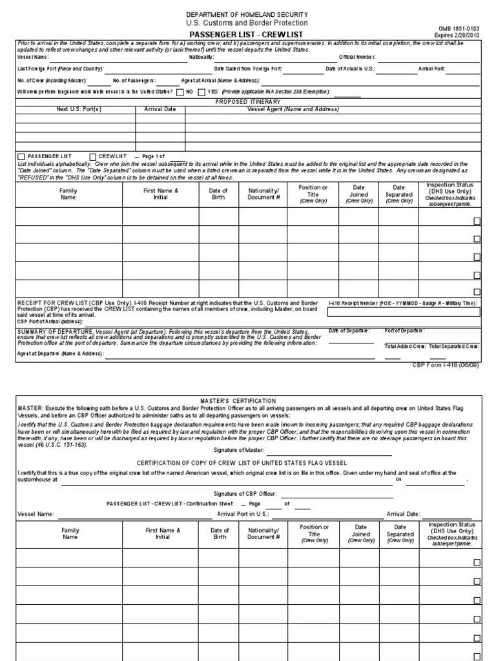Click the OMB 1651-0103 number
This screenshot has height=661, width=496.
(x=459, y=29)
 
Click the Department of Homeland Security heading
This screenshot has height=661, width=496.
(x=247, y=14)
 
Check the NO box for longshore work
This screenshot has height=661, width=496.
(x=180, y=92)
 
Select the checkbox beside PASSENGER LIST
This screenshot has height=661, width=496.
(x=21, y=157)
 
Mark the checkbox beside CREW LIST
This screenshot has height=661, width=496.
(x=93, y=157)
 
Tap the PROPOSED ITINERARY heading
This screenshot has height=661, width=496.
(x=248, y=101)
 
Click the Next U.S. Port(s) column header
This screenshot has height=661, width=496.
(x=79, y=109)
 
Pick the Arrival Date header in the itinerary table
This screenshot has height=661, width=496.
(x=160, y=109)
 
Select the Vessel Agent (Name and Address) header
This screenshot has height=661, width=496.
(x=293, y=109)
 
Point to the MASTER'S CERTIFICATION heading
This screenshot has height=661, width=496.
(x=247, y=401)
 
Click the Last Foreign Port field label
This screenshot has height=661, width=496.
(x=60, y=68)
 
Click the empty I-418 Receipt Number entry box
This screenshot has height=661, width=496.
(x=404, y=312)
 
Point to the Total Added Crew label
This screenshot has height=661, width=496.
(x=405, y=346)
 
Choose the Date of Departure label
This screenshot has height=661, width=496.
(x=349, y=331)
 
